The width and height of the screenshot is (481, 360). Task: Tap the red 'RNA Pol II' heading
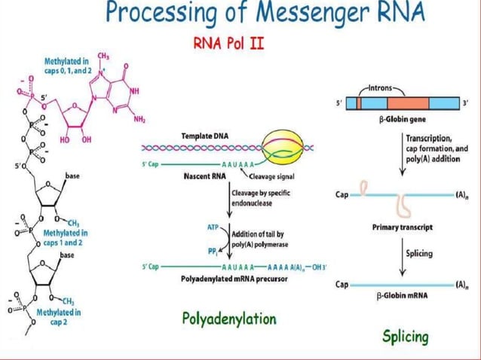229,43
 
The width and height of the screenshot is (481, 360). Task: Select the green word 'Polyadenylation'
229,319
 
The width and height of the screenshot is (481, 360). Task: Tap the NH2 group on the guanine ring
139,119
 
